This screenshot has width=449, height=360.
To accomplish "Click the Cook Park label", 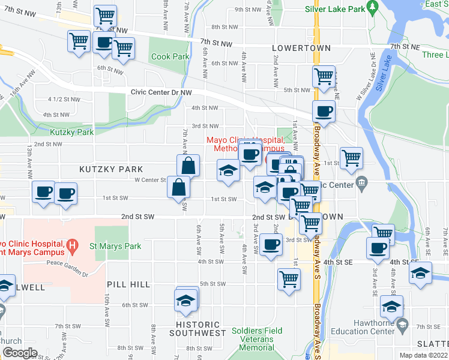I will point(170,57).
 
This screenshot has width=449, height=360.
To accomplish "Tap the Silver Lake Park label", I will point(335,10).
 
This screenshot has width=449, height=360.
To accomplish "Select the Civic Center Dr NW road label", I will point(161,92).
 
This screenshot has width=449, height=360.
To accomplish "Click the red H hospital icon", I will point(73,244).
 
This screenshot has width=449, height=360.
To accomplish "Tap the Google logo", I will point(20,353).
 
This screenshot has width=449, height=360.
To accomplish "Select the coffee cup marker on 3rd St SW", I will point(271,244).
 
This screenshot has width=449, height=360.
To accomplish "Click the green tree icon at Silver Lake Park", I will point(372,7).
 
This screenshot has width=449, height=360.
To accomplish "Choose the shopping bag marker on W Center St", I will point(188,165).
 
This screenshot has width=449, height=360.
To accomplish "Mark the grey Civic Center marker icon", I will point(361,182).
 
